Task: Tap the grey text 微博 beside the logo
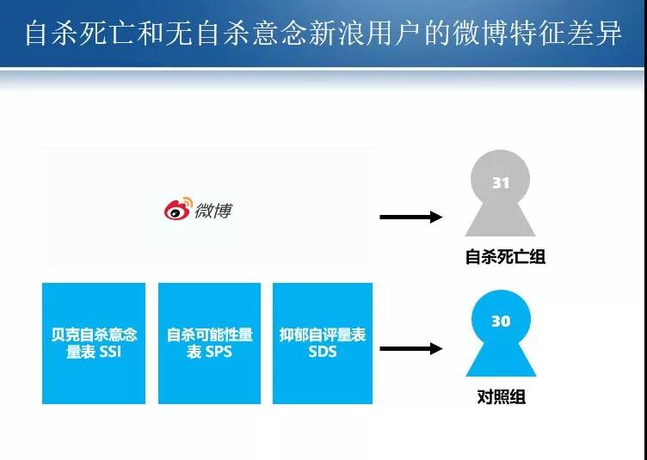213,210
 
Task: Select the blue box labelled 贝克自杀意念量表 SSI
94,343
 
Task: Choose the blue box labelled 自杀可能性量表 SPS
209,343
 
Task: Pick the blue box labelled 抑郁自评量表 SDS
323,343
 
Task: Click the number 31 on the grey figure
501,182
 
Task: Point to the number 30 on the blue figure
501,322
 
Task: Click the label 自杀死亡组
505,256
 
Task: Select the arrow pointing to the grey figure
411,217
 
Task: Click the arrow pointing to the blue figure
411,349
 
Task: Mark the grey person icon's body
501,219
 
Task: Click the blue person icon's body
501,359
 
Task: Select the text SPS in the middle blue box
219,352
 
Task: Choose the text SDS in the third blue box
323,352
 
